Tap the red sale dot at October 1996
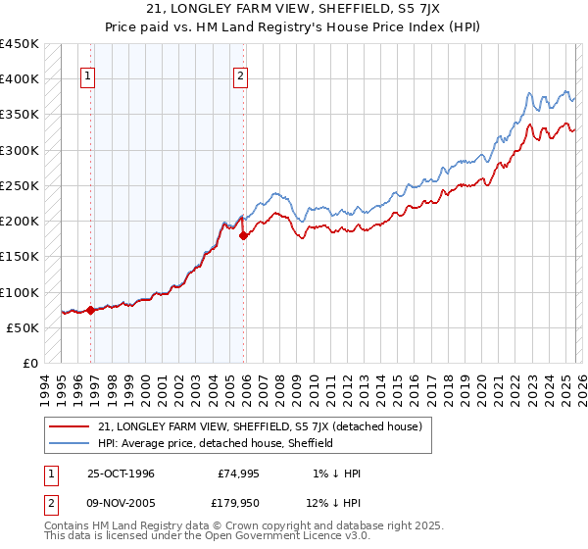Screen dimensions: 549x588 pos(91,310)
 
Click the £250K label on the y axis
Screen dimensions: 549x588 pos(20,185)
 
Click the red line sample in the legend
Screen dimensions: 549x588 pos(71,426)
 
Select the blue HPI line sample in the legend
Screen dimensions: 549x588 pos(71,443)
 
